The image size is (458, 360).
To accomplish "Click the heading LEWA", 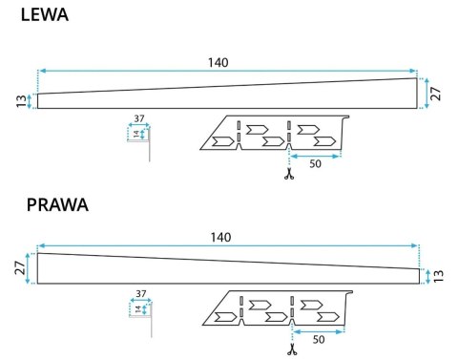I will (x=31, y=15).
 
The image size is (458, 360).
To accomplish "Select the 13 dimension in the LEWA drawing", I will (x=21, y=101).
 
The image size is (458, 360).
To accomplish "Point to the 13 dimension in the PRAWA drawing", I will (x=438, y=276).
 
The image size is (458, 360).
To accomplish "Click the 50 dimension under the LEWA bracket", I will (x=316, y=164).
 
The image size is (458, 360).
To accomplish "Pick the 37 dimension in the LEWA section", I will (x=139, y=119).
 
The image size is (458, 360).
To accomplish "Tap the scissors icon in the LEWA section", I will (x=286, y=174).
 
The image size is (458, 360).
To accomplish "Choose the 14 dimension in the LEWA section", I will (x=135, y=135).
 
